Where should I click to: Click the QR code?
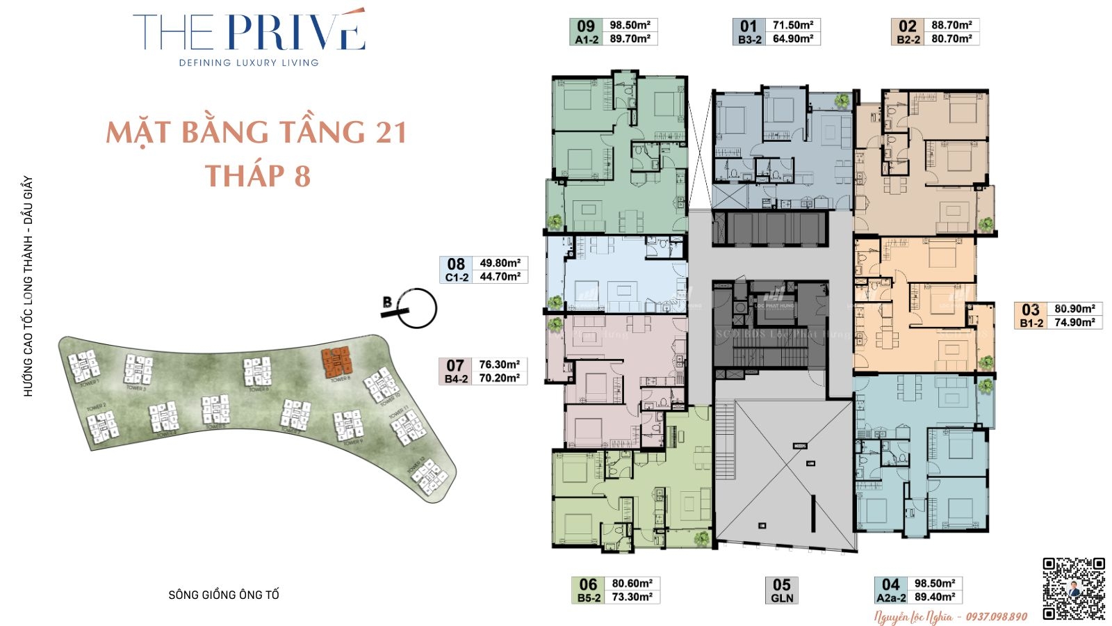click(x=1073, y=588)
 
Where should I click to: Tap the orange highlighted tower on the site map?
click(x=336, y=362)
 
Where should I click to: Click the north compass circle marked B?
click(x=416, y=308)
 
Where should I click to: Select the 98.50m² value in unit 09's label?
click(x=630, y=25)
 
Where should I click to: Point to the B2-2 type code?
click(x=908, y=40)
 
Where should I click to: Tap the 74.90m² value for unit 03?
click(x=1074, y=323)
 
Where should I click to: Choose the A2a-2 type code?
click(x=891, y=598)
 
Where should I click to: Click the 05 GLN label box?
click(x=782, y=591)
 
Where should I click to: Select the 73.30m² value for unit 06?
click(x=632, y=597)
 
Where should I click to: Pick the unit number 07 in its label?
click(x=455, y=365)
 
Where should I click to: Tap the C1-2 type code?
click(x=457, y=277)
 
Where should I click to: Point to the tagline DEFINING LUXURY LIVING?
click(x=249, y=63)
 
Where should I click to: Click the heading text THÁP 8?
click(x=258, y=176)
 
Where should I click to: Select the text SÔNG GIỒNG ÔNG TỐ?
click(x=224, y=595)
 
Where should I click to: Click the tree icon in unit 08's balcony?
click(x=555, y=302)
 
